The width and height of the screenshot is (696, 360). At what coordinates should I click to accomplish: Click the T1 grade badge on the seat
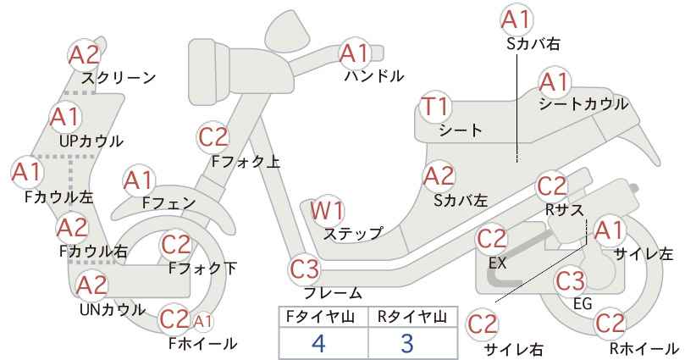[436, 108]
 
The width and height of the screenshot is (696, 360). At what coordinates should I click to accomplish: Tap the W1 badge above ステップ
[327, 210]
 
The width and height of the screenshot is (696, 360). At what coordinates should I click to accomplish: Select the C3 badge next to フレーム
[305, 269]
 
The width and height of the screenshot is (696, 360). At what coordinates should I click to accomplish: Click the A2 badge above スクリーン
[85, 55]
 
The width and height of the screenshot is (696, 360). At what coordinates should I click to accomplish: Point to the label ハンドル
[374, 76]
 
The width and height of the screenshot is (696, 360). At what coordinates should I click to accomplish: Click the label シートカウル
[583, 104]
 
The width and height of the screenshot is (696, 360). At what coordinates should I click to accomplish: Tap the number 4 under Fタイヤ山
[318, 343]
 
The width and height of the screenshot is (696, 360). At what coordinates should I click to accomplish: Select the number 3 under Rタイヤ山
[407, 343]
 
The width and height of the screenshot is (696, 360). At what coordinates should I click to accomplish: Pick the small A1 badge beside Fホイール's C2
[202, 321]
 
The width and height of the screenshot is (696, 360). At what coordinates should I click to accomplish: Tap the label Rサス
[564, 209]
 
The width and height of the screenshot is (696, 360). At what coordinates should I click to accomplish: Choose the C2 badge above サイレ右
[483, 324]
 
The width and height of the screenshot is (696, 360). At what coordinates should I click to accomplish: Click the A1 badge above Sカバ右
[516, 19]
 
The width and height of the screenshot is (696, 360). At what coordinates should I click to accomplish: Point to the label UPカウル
[91, 141]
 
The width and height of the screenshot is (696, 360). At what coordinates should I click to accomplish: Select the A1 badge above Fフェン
[139, 181]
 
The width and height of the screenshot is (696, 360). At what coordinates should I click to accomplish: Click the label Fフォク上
[246, 162]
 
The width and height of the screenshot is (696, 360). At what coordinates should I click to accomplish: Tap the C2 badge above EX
[491, 239]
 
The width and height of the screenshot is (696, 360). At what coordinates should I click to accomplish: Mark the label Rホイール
[644, 348]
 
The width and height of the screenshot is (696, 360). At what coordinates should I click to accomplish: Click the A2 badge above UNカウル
[92, 285]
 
